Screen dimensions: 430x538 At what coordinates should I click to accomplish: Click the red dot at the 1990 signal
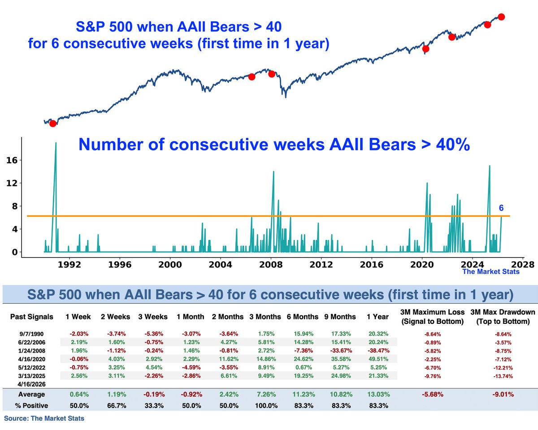click(x=53, y=124)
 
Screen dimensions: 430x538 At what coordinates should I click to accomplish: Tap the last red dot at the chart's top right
click(x=501, y=17)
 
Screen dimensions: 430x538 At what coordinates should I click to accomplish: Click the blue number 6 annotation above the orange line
click(x=501, y=208)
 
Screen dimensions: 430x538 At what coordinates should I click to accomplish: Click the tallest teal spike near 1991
click(x=56, y=143)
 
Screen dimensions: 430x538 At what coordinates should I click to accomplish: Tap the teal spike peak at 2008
click(x=273, y=172)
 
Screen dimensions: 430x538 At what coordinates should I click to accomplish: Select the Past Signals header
click(x=31, y=317)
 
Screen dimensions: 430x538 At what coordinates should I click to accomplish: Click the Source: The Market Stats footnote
click(x=44, y=418)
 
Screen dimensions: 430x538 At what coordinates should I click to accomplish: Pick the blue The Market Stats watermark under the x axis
click(x=490, y=271)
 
